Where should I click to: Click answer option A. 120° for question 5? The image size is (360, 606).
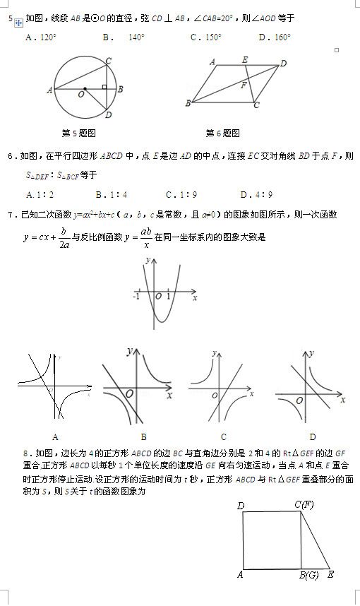[x=41, y=37]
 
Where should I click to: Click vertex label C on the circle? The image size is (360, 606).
[x=107, y=60]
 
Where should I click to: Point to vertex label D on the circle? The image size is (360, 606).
[x=107, y=116]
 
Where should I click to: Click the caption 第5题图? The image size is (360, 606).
[x=79, y=133]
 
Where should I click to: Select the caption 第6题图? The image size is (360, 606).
[x=223, y=133]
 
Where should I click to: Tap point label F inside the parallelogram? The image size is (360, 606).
[x=244, y=85]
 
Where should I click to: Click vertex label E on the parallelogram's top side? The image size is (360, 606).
[x=244, y=60]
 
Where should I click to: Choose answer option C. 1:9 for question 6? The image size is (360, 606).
[x=181, y=194]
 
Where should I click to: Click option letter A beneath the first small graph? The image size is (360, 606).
[x=55, y=436]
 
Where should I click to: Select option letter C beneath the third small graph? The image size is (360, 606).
[x=223, y=436]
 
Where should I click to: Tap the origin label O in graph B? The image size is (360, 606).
[x=129, y=393]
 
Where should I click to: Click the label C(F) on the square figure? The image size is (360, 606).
[x=304, y=504]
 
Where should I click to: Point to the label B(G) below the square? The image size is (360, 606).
[x=308, y=575]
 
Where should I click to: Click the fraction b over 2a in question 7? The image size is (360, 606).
[x=63, y=238]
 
